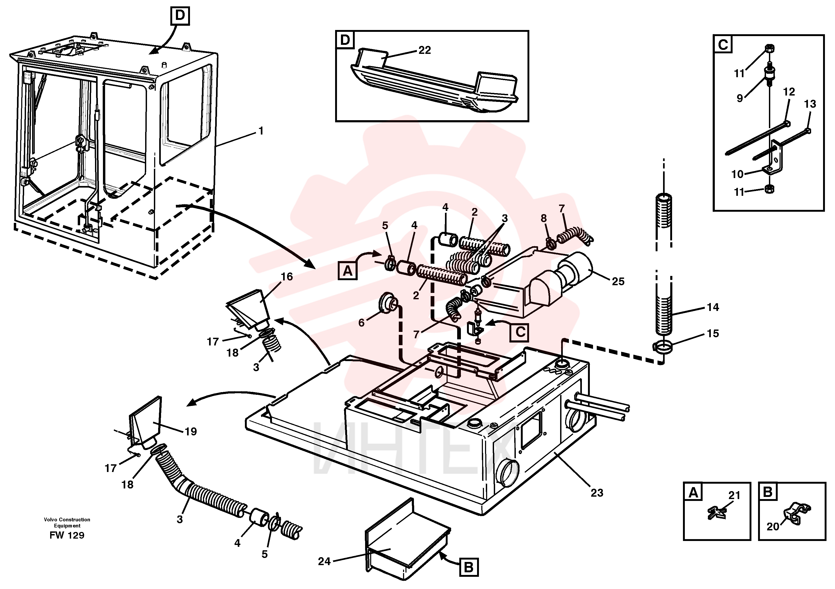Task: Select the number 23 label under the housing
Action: tap(597, 493)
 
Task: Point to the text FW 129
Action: tap(67, 535)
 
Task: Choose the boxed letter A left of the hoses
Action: tap(348, 271)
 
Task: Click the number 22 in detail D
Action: tap(425, 50)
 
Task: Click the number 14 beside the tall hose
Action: tap(713, 307)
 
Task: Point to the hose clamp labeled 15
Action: tap(663, 347)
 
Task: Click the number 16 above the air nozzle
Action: tap(287, 277)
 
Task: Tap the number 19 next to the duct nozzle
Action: tap(191, 432)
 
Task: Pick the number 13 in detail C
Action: tap(810, 104)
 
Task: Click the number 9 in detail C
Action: tap(740, 98)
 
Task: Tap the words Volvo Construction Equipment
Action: tap(67, 522)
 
